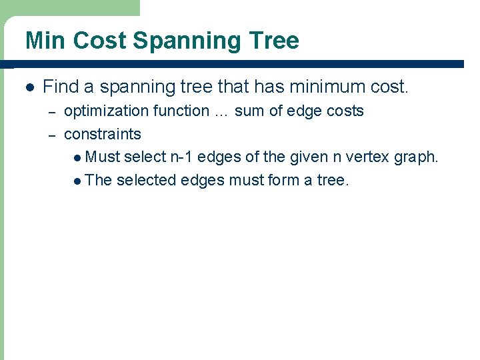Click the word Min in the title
(46, 41)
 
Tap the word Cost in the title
(100, 41)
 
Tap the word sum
(249, 111)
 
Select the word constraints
(103, 134)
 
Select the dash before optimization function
(50, 111)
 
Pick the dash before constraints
(50, 135)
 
